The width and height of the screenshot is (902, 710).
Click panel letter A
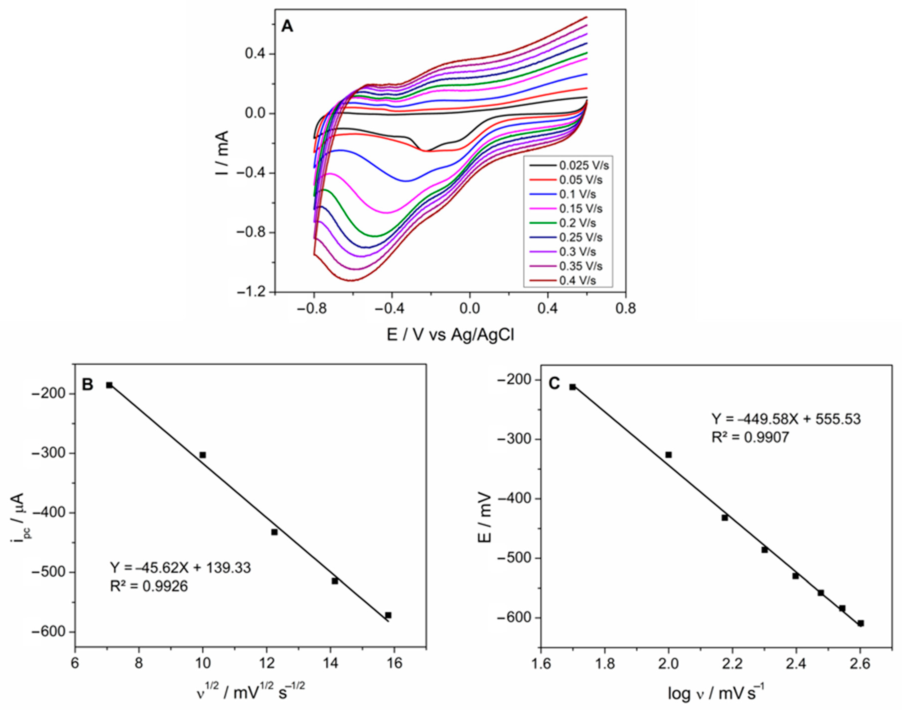point(287,26)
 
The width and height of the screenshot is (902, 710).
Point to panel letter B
point(88,384)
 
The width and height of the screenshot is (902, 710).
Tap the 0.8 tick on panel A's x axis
point(625,308)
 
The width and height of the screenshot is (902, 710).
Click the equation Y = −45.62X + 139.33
point(180,567)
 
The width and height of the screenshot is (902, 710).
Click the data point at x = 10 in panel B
point(202,455)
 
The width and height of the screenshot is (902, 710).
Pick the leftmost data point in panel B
point(109,385)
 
